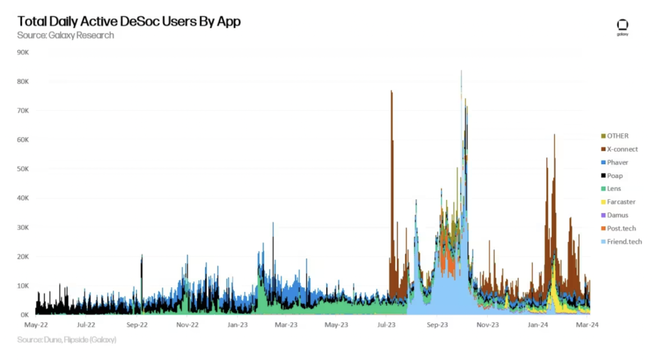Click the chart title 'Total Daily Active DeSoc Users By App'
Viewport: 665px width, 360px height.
129,21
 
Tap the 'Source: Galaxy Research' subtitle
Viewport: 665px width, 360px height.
66,35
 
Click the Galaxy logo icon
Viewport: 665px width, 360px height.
623,27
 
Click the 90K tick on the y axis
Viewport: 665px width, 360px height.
24,52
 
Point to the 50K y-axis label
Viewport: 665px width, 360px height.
24,169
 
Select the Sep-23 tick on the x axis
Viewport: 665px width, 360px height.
437,325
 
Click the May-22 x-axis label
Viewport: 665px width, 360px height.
35,325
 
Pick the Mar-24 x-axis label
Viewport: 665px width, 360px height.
587,325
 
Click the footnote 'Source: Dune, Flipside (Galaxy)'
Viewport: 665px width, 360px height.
67,340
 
